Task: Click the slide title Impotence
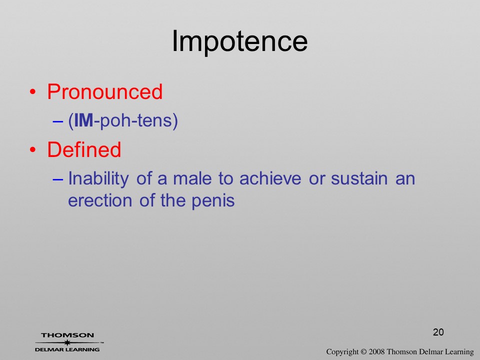[239, 42]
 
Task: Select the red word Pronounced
[104, 91]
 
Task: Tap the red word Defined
[84, 149]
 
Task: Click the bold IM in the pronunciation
[83, 120]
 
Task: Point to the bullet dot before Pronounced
[33, 92]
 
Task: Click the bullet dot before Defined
[33, 149]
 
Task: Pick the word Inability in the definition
[98, 178]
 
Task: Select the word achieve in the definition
[270, 178]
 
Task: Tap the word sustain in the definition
[359, 178]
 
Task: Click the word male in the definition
[192, 178]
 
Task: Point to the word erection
[100, 201]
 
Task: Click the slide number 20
[438, 332]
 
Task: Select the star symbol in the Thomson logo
[67, 342]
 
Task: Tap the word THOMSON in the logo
[67, 335]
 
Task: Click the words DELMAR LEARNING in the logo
[67, 349]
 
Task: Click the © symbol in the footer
[363, 352]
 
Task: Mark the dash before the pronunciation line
[58, 121]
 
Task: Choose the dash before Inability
[58, 179]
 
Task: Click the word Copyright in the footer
[342, 352]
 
